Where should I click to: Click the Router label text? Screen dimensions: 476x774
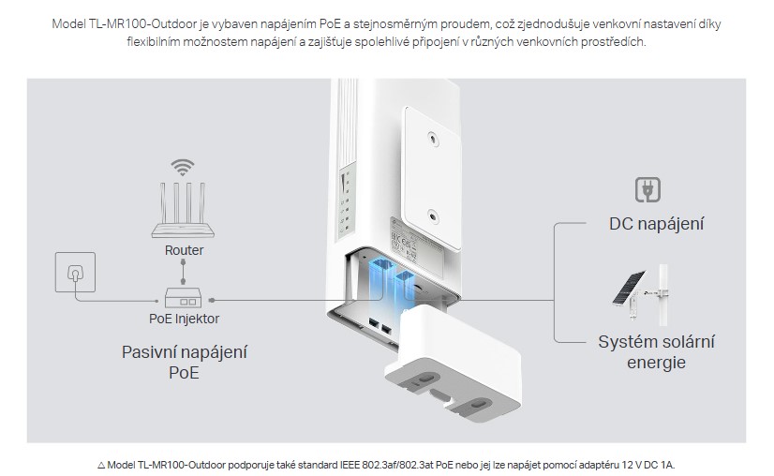coord(184,250)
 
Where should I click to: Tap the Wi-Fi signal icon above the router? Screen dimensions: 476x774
coord(183,169)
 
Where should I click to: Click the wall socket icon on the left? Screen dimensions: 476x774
coord(74,274)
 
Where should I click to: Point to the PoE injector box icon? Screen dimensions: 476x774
coord(184,298)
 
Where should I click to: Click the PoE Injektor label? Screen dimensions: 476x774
coord(185,319)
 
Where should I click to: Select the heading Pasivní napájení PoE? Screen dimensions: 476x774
coord(177,363)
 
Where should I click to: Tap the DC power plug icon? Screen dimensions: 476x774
coord(648,190)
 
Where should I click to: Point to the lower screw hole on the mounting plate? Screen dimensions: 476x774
coord(431,216)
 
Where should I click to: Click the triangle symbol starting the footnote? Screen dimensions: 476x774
coord(100,463)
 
